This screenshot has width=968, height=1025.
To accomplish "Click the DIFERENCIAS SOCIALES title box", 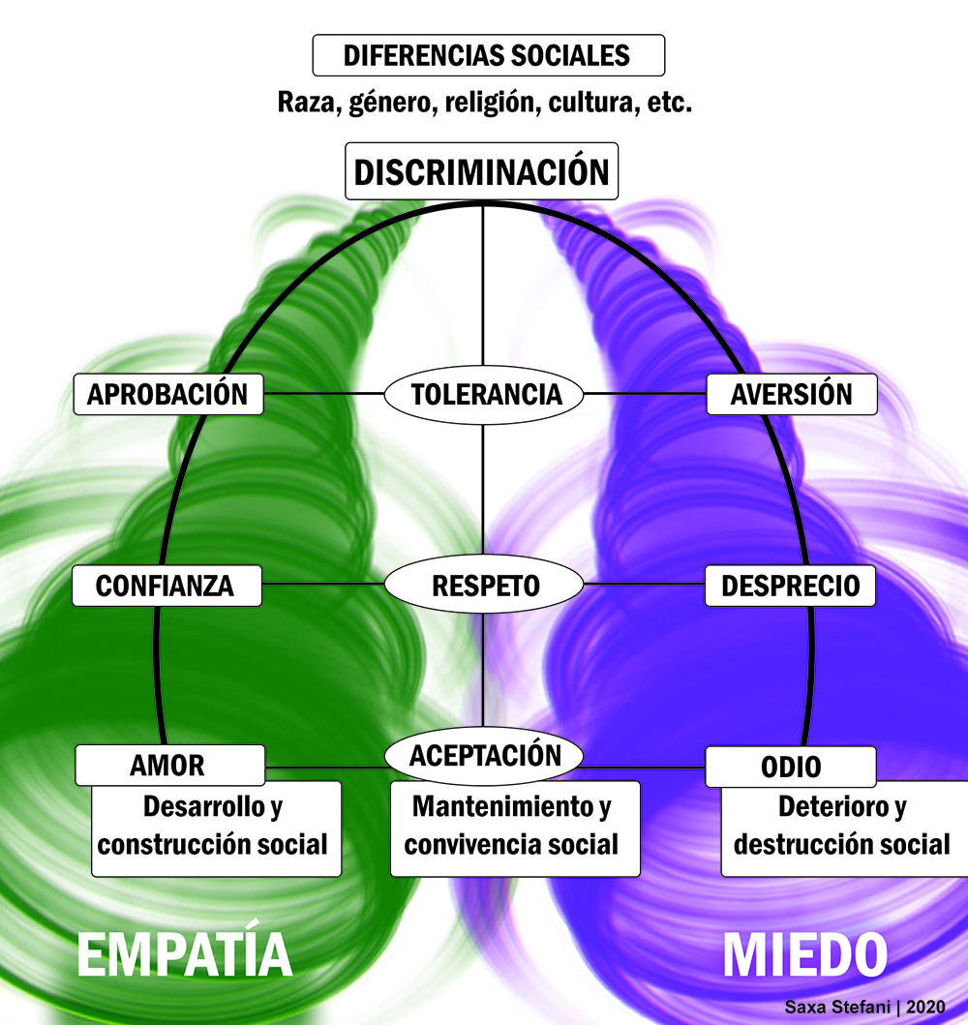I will click(488, 55).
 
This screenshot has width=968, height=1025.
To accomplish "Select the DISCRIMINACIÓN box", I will click(482, 172).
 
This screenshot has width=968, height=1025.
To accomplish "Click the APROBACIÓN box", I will click(168, 395).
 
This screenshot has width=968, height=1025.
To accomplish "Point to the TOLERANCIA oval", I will click(484, 395).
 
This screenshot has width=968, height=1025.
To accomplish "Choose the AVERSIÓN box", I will click(792, 395).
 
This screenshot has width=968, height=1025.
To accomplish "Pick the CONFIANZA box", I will click(166, 586).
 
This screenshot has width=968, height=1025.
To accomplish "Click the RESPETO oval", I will click(484, 586).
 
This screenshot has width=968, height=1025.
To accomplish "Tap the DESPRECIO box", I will click(790, 586).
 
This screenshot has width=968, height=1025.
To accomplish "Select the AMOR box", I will click(168, 765).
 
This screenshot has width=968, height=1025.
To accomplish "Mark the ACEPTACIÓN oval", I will click(484, 755).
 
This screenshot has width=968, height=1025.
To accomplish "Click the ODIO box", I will click(790, 767).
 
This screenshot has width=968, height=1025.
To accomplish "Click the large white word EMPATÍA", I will click(184, 956).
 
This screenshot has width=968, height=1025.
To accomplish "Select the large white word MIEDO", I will click(804, 956).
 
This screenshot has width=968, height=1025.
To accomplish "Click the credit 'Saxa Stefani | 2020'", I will click(864, 1008).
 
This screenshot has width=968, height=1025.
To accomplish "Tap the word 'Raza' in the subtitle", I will click(305, 104).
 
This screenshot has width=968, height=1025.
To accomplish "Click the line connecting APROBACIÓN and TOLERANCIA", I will click(324, 394).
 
